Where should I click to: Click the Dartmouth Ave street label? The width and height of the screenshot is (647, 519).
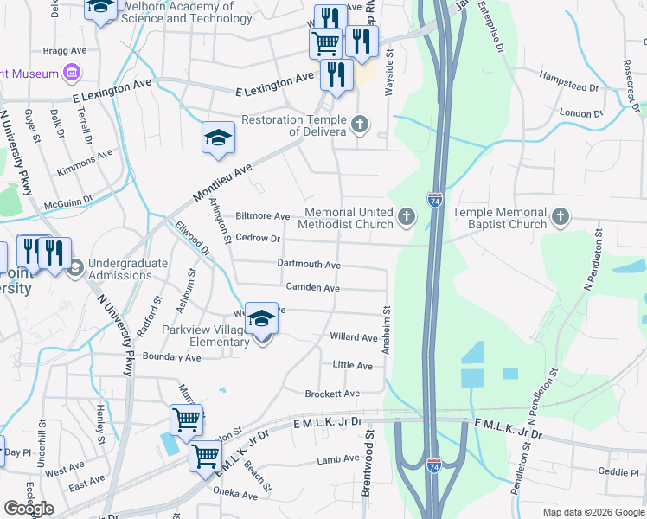(309, 264)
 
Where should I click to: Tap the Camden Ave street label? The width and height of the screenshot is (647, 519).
(312, 287)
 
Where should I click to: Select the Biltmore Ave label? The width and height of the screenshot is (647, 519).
(263, 216)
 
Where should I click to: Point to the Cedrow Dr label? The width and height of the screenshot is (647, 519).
(259, 239)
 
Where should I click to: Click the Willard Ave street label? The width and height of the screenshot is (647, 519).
(353, 337)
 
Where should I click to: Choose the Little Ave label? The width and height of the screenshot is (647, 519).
(352, 366)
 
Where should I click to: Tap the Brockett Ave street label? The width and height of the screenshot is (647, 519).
(332, 394)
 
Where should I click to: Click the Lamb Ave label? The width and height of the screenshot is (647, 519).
(337, 459)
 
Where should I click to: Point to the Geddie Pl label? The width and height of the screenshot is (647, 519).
(617, 472)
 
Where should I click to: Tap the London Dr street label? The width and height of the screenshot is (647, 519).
(580, 113)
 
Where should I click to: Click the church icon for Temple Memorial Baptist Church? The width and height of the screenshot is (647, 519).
(561, 217)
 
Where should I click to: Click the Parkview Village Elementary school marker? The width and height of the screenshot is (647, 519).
(260, 318)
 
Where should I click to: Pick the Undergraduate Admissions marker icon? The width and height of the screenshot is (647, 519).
(75, 269)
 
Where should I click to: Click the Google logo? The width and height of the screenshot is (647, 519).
(29, 508)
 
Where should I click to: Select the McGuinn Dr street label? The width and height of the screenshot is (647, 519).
(73, 207)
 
